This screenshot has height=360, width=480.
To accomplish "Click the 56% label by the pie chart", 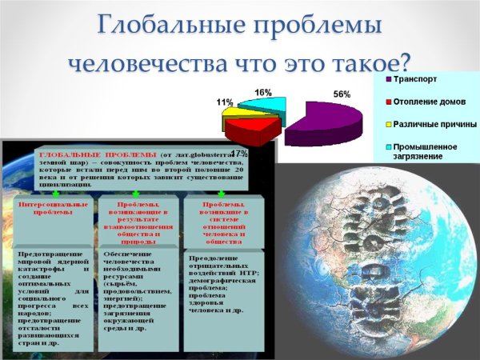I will [342, 94].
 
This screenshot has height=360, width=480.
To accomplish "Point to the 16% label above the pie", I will [262, 93].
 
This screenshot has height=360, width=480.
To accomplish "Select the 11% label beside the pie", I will [225, 102].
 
